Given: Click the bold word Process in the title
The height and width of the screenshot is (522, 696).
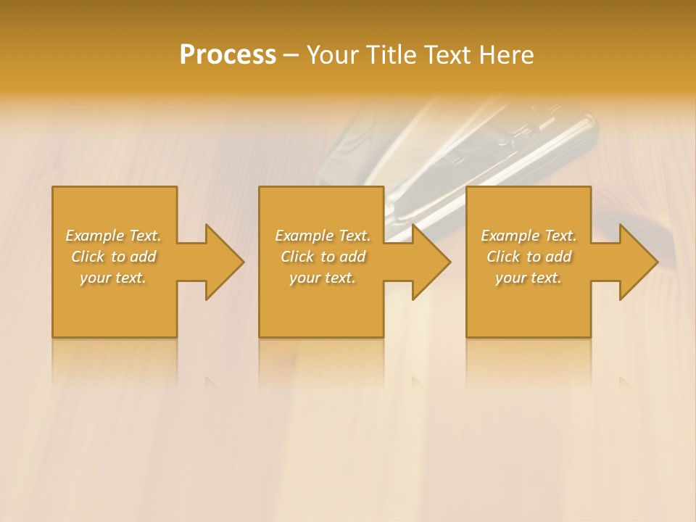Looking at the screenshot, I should click(x=228, y=55).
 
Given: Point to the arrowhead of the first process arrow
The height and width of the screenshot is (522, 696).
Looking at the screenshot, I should click(x=225, y=262).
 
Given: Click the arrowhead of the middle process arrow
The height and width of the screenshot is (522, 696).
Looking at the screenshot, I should click(x=431, y=262).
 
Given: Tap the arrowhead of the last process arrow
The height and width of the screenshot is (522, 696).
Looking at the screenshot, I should click(x=639, y=262).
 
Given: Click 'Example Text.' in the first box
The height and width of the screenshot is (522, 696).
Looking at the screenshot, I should click(x=114, y=236).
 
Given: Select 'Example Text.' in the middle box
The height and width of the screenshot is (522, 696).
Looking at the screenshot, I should click(x=323, y=236).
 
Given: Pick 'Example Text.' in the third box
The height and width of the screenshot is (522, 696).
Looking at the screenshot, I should click(x=529, y=236).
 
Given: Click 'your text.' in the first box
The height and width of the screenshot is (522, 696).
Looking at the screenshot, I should click(x=114, y=278).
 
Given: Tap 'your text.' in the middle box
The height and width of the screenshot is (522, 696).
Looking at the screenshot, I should click(x=323, y=278).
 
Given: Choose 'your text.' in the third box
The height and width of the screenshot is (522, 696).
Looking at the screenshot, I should click(x=529, y=278).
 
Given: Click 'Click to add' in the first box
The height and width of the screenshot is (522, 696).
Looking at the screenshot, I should click(x=114, y=257).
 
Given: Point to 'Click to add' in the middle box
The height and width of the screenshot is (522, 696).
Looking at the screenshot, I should click(x=323, y=257).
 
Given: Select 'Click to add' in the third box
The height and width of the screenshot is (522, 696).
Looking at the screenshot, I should click(x=529, y=257).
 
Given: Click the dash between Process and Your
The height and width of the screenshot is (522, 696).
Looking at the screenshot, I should click(x=291, y=56).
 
